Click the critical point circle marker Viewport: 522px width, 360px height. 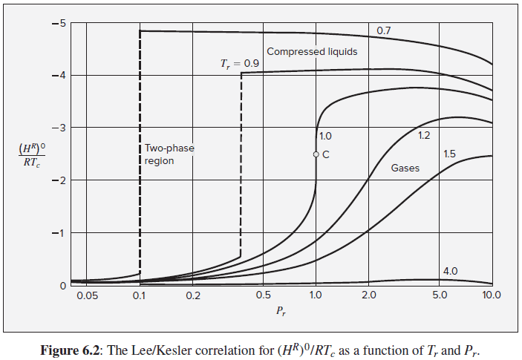click(x=316, y=154)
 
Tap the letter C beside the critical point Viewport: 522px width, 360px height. click(x=325, y=154)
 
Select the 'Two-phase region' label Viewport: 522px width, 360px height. click(x=169, y=154)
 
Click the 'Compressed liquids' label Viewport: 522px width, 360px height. click(x=312, y=52)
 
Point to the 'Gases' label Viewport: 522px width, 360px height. click(x=405, y=168)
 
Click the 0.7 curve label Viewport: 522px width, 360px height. click(x=384, y=31)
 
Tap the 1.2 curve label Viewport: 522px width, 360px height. click(x=425, y=136)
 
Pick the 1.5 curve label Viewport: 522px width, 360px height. click(x=449, y=154)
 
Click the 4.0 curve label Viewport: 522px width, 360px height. click(x=451, y=272)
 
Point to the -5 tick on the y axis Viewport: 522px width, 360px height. click(x=59, y=23)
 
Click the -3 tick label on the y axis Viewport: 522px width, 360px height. click(x=59, y=128)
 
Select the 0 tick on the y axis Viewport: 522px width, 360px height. click(x=62, y=286)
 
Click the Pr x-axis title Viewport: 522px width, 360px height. click(x=280, y=312)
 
